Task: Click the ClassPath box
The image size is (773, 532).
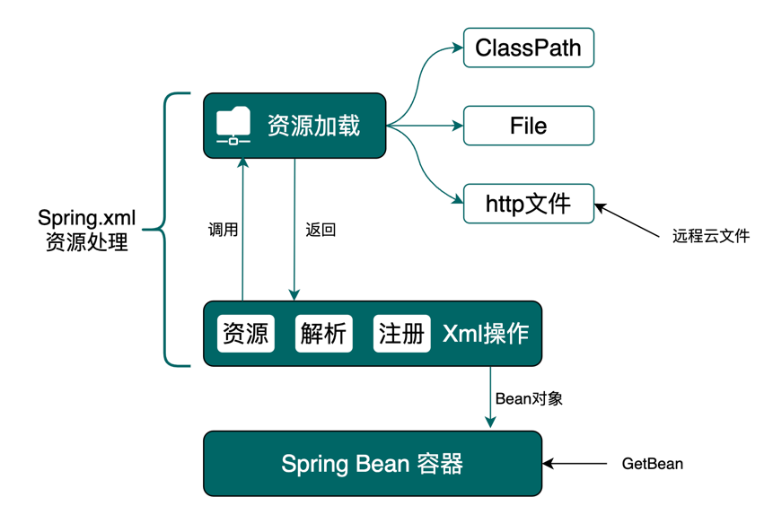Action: (529, 48)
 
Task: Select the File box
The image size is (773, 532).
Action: (529, 126)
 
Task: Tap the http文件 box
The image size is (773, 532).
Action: (529, 204)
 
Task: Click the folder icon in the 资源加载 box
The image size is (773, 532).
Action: (234, 126)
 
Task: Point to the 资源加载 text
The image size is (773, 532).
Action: (313, 126)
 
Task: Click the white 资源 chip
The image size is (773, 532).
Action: (245, 334)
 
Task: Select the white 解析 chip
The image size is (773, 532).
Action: (323, 334)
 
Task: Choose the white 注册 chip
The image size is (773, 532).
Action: (401, 334)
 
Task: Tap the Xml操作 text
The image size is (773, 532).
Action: (486, 334)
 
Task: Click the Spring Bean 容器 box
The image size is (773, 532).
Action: (373, 464)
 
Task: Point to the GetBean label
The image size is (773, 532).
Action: (653, 464)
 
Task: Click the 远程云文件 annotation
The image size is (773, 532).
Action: (710, 238)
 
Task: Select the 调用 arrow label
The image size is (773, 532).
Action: (223, 230)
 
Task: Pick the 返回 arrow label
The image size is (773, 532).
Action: (321, 230)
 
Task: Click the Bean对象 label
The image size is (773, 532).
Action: (529, 398)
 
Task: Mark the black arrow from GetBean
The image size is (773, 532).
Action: (575, 464)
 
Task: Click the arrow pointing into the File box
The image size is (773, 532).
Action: (431, 126)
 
